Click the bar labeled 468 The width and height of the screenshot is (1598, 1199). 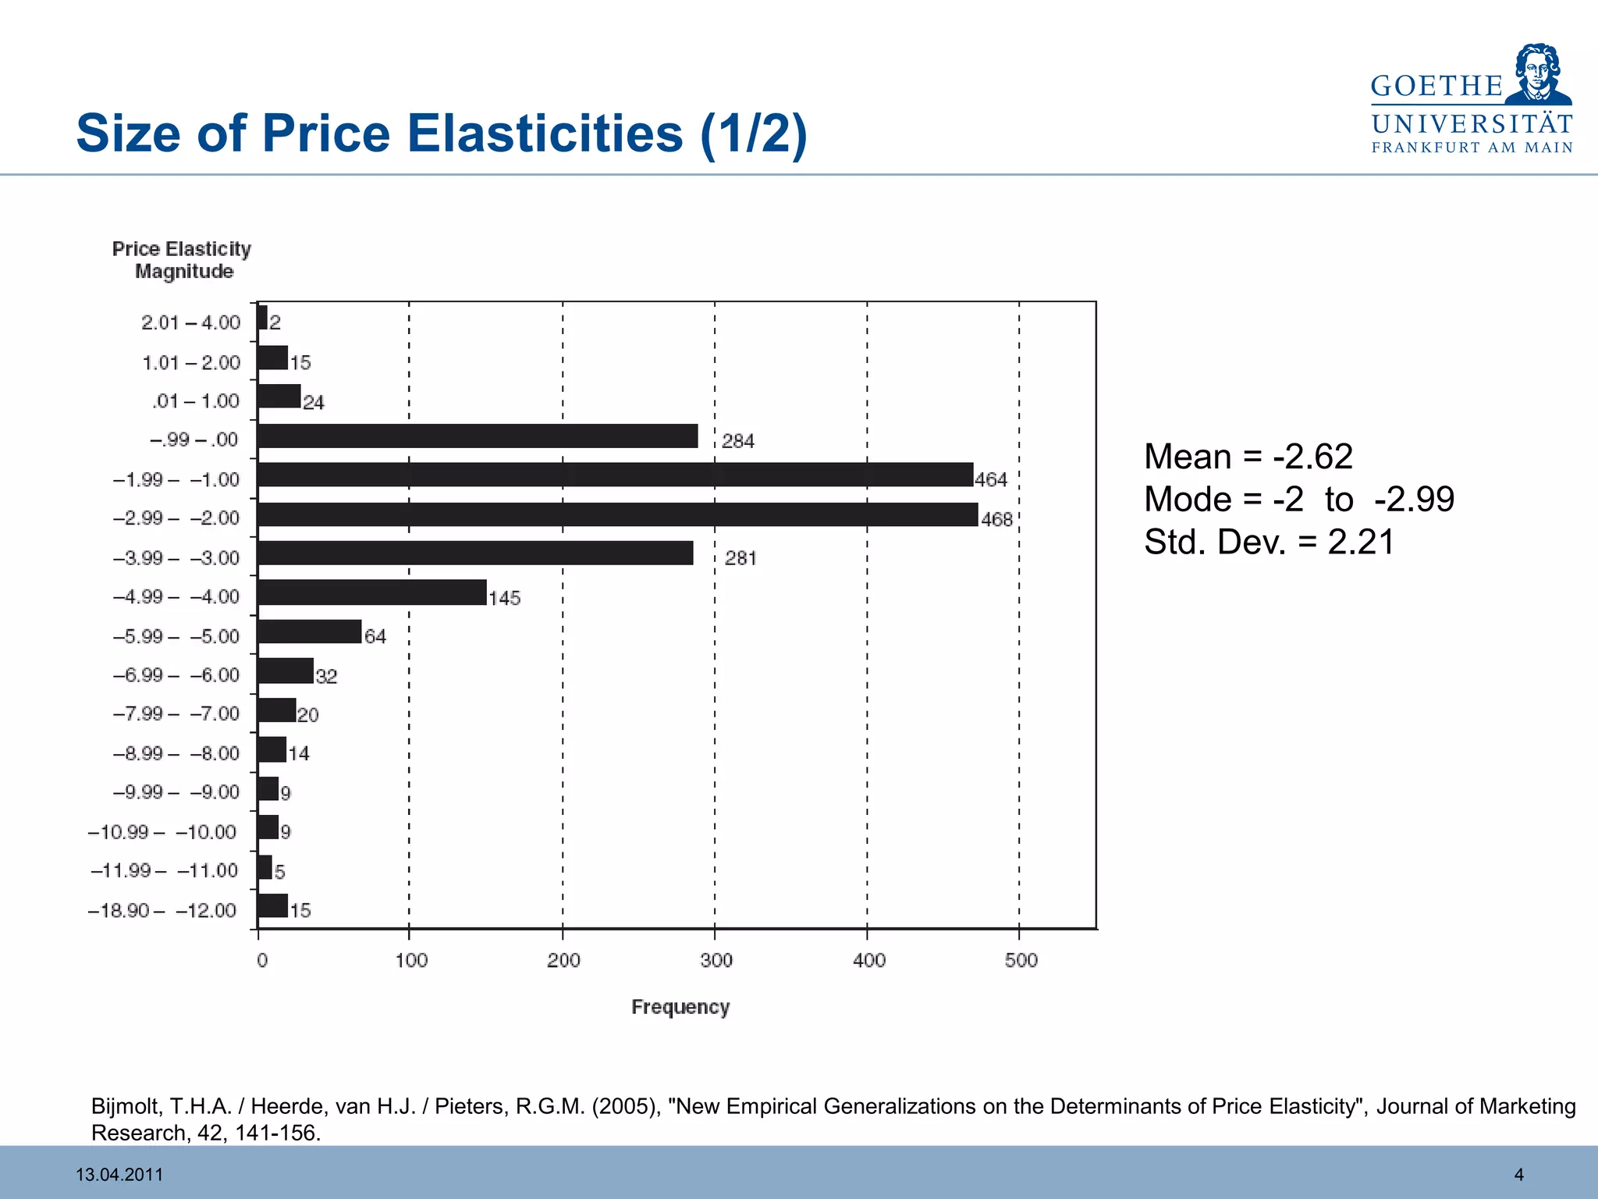tap(616, 515)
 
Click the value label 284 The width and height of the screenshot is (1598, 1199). tap(737, 441)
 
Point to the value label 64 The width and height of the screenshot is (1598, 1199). tap(375, 636)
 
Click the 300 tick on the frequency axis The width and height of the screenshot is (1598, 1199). tap(716, 960)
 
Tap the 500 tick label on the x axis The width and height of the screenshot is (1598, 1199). tap(1021, 960)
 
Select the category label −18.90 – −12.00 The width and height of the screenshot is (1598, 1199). tap(162, 910)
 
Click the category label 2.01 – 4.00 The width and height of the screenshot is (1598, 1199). tap(190, 322)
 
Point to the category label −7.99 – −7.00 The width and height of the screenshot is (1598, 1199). tap(176, 713)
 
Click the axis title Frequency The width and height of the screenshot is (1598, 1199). tap(680, 1007)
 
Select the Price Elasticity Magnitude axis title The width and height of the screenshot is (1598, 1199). tap(182, 260)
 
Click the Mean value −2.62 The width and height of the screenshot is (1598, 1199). tap(1312, 457)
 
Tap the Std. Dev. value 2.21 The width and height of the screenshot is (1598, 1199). tap(1361, 543)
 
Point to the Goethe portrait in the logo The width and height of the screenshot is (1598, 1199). tap(1537, 73)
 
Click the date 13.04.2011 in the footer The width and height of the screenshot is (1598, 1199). tap(119, 1174)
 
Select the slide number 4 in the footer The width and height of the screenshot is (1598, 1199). tap(1518, 1174)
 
